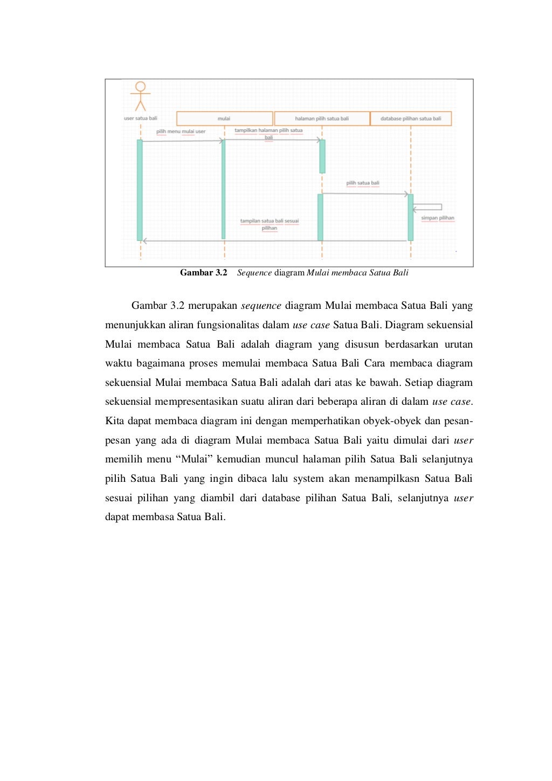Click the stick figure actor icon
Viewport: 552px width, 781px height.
140,96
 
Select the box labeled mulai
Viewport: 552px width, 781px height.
224,119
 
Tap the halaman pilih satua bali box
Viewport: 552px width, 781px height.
322,119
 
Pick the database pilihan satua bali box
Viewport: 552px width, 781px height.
411,119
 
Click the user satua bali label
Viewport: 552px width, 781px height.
141,119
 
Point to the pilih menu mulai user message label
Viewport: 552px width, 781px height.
181,132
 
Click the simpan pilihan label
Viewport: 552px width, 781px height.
438,218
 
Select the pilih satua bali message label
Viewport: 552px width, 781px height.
363,183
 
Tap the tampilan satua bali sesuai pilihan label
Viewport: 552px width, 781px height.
270,224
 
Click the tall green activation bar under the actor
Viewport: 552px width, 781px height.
140,190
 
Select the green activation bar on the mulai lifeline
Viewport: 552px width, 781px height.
223,189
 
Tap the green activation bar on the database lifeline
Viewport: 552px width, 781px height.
411,217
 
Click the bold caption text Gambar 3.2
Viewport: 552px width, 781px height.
203,273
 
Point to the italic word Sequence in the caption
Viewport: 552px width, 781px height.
254,273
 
